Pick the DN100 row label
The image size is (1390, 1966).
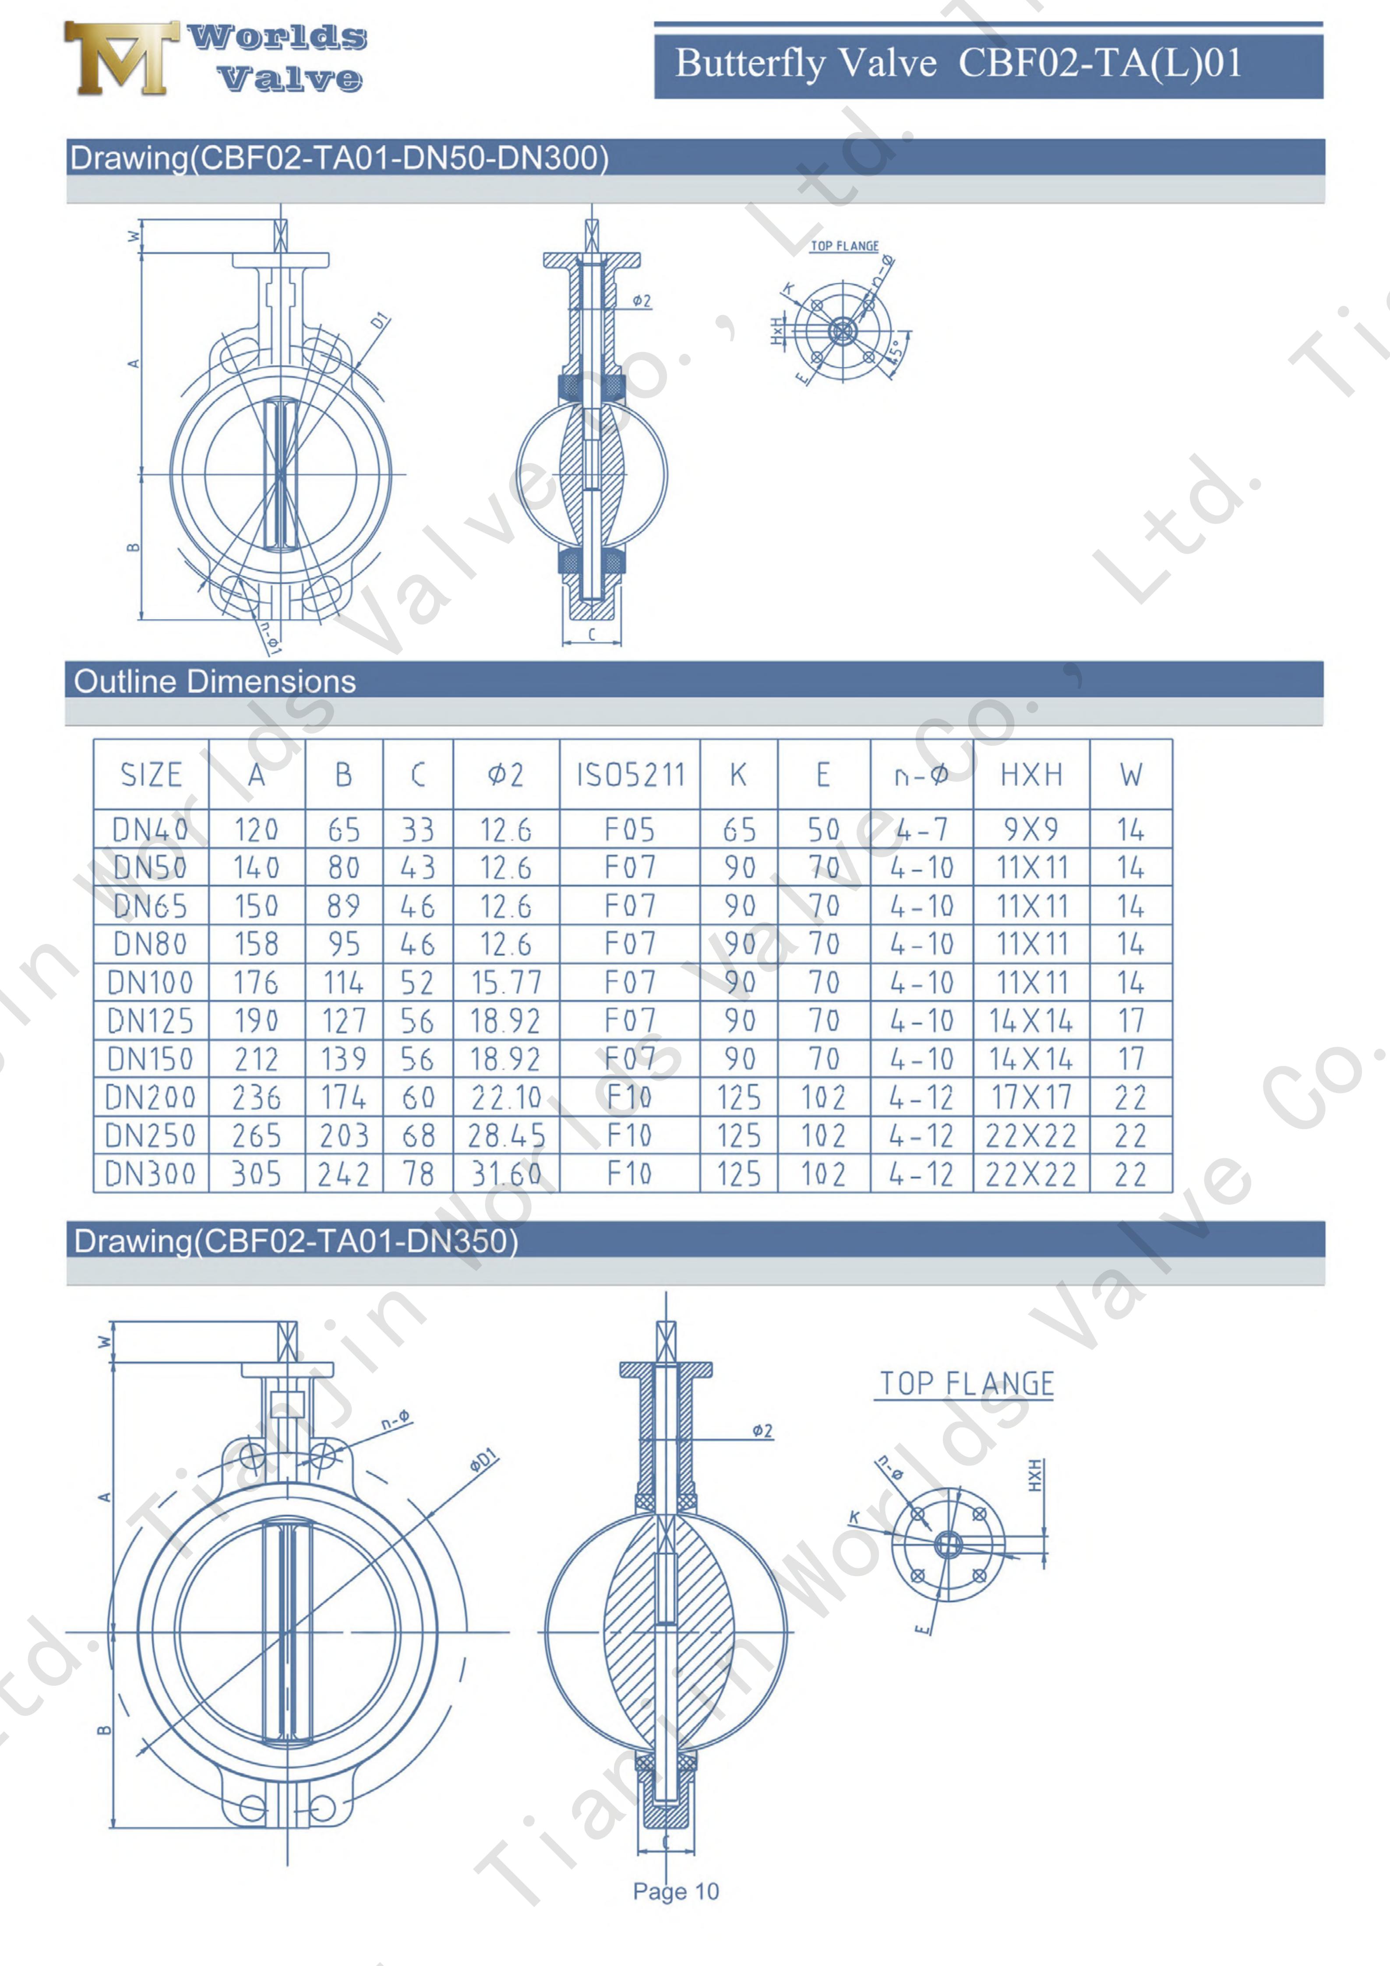pyautogui.click(x=151, y=982)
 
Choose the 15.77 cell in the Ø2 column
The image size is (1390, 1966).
pyautogui.click(x=506, y=982)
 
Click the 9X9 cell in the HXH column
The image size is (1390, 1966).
pyautogui.click(x=1031, y=829)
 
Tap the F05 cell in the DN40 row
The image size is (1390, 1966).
pyautogui.click(x=629, y=829)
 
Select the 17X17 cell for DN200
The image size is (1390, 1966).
pyautogui.click(x=1031, y=1097)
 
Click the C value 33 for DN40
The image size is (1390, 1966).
pyautogui.click(x=418, y=829)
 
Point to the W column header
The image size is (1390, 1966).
pyautogui.click(x=1130, y=775)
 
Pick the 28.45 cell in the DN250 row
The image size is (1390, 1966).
pyautogui.click(x=506, y=1135)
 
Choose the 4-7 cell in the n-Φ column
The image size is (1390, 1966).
pyautogui.click(x=921, y=829)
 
